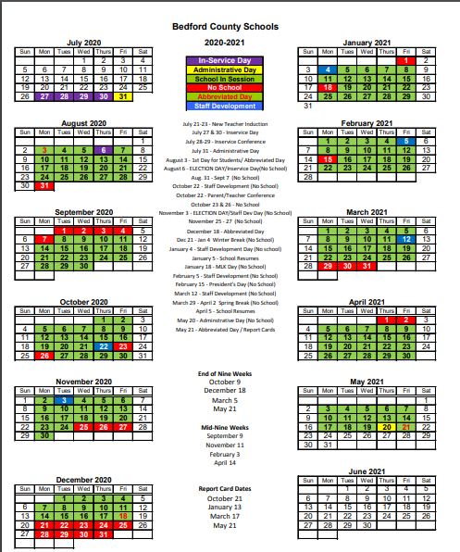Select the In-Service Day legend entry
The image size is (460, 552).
[227, 60]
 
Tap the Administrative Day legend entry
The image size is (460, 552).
[227, 69]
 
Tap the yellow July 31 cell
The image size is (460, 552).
[125, 96]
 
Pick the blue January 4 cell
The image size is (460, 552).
[328, 69]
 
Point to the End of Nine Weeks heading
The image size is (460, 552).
[225, 373]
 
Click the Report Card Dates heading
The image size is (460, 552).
[225, 488]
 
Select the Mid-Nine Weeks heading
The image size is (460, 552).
[225, 427]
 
